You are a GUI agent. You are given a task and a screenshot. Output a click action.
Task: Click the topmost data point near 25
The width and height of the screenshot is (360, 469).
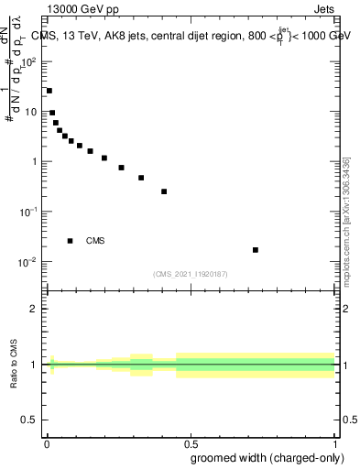pos(49,91)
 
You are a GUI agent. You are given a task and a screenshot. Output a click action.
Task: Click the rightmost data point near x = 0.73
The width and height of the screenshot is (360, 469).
pos(256,250)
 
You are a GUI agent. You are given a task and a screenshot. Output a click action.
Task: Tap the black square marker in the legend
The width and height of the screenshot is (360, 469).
pos(70,241)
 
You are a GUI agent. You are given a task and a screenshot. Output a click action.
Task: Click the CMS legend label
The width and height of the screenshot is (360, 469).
pos(95,241)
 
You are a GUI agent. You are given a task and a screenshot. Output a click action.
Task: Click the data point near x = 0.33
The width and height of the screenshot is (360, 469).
pos(141,178)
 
